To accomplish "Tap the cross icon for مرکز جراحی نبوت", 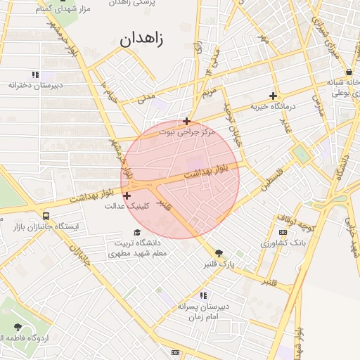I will (x=186, y=121).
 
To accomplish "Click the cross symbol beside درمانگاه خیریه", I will (x=273, y=96).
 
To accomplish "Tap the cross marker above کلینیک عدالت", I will (x=127, y=195).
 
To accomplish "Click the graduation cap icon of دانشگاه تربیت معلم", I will (x=138, y=232).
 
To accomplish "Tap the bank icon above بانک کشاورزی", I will (x=283, y=232).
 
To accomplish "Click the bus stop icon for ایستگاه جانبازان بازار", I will (x=46, y=216).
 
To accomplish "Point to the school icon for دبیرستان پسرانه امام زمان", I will (x=203, y=295).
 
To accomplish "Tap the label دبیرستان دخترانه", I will (x=36, y=85).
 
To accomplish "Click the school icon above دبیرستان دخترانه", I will (x=35, y=75).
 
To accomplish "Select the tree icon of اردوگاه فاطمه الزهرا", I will (x=18, y=327).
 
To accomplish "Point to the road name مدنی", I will (x=146, y=98).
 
